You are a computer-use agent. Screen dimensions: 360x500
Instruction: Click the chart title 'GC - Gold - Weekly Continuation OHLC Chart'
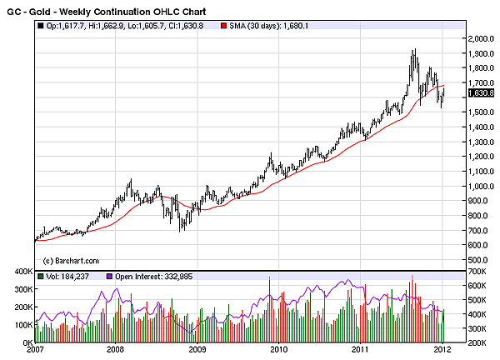pyautogui.click(x=109, y=11)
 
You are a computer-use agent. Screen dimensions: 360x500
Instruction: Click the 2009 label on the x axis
pyautogui.click(x=197, y=351)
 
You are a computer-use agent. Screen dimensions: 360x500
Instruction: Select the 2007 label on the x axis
pyautogui.click(x=36, y=351)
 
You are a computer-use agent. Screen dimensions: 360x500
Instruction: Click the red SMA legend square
pyautogui.click(x=223, y=26)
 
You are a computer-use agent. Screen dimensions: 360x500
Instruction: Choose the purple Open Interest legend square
pyautogui.click(x=108, y=276)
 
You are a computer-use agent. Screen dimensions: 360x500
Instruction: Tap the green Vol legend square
pyautogui.click(x=41, y=276)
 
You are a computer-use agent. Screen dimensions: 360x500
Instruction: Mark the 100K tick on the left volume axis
pyautogui.click(x=21, y=325)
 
